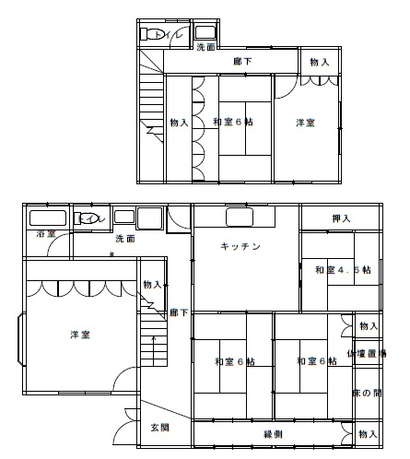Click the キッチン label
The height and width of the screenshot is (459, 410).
pyautogui.click(x=241, y=246)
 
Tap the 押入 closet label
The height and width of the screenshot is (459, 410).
pyautogui.click(x=341, y=218)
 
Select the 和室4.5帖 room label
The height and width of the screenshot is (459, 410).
pyautogui.click(x=342, y=270)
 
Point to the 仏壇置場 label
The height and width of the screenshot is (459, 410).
pyautogui.click(x=367, y=354)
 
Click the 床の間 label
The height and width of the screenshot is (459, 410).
pyautogui.click(x=367, y=394)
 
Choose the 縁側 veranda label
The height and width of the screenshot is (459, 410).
pyautogui.click(x=274, y=433)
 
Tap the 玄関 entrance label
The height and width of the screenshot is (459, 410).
pyautogui.click(x=160, y=428)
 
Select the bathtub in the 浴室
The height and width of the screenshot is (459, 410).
pyautogui.click(x=46, y=219)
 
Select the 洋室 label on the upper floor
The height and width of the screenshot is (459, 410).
pyautogui.click(x=306, y=123)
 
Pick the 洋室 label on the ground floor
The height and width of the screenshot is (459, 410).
pyautogui.click(x=80, y=335)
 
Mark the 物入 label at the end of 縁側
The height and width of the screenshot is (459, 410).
pyautogui.click(x=368, y=433)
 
